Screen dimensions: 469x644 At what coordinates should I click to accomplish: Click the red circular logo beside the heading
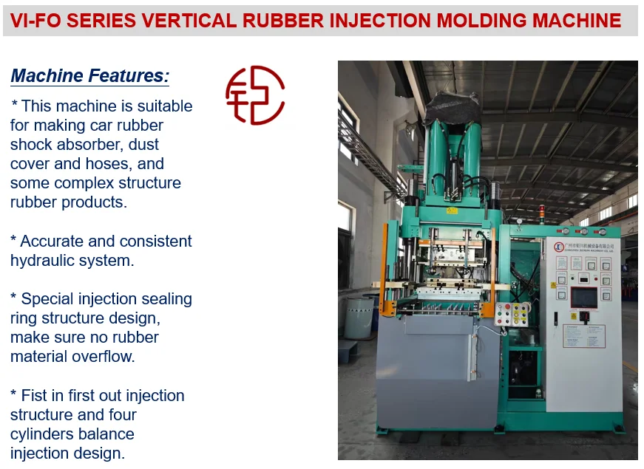255,95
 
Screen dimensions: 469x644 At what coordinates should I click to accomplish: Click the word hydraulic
46,260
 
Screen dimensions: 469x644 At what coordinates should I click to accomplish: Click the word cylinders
44,434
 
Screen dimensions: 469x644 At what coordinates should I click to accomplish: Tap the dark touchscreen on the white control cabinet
584,298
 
